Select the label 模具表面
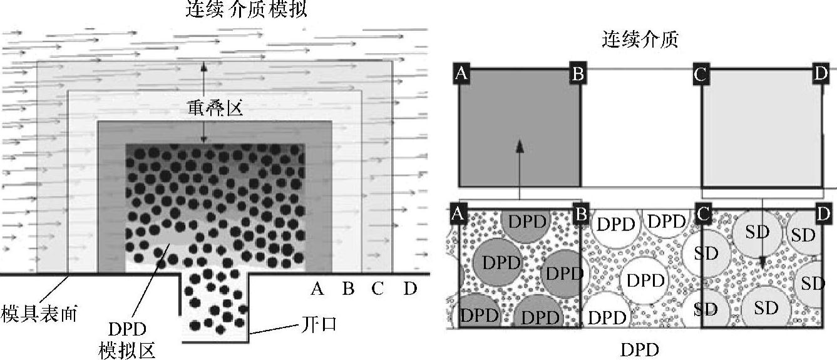coord(39,313)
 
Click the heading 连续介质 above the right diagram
coord(640,41)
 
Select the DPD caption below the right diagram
coord(640,349)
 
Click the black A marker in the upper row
coord(461,74)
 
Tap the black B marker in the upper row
coord(577,74)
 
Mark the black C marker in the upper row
coord(701,75)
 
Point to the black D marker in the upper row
coord(821,74)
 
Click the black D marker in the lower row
coord(824,214)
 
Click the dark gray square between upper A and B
coord(520,128)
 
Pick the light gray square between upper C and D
coord(762,128)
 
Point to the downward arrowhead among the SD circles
coord(763,264)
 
